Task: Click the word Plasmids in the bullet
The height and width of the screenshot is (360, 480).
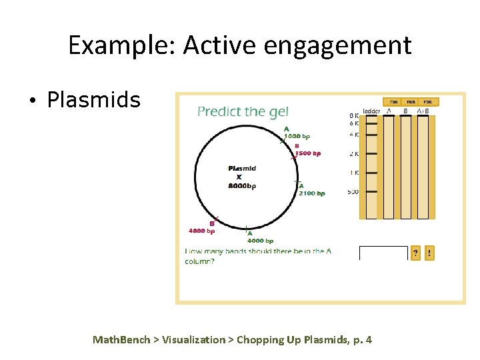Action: [93, 100]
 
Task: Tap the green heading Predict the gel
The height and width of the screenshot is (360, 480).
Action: [243, 111]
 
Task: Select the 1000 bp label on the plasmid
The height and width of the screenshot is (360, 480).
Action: [297, 136]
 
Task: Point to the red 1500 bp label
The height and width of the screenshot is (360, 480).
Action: [307, 153]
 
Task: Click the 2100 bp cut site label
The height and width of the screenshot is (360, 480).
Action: [312, 193]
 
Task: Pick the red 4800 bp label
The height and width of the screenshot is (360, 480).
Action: [202, 231]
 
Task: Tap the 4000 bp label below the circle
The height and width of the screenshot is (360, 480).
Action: [261, 241]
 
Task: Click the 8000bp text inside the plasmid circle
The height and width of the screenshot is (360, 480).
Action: [242, 186]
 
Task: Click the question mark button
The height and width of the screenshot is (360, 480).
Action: [415, 253]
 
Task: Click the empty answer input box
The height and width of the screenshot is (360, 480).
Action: [383, 253]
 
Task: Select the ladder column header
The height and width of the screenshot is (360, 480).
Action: [371, 111]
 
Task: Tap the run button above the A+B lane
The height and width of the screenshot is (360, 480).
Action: [427, 101]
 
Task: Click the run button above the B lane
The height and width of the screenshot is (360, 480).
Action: [411, 101]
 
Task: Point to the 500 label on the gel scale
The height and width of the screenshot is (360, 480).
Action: [353, 192]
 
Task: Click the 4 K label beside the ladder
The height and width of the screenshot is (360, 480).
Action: [353, 135]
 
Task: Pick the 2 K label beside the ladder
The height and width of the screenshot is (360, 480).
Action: [353, 154]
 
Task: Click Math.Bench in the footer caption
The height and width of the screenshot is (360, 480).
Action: [121, 340]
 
